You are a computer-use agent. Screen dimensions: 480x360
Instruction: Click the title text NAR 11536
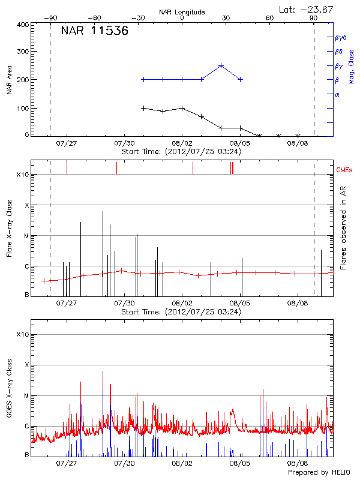point(95,32)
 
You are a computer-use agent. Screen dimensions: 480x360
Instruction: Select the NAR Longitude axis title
point(182,11)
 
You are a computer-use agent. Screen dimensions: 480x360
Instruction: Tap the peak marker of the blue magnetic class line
point(221,65)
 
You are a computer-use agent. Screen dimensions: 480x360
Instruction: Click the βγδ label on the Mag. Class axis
point(340,37)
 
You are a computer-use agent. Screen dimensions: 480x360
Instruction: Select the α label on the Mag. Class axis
point(337,94)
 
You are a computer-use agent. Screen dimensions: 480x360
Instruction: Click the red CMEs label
point(344,170)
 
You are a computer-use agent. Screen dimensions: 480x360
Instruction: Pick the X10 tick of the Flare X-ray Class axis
point(23,175)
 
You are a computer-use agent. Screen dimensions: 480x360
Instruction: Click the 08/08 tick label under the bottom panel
point(298,464)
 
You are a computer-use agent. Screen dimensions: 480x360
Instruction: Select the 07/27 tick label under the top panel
point(67,144)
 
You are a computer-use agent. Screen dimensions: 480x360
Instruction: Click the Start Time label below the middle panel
point(181,312)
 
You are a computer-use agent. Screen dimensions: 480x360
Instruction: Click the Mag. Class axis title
point(351,67)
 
